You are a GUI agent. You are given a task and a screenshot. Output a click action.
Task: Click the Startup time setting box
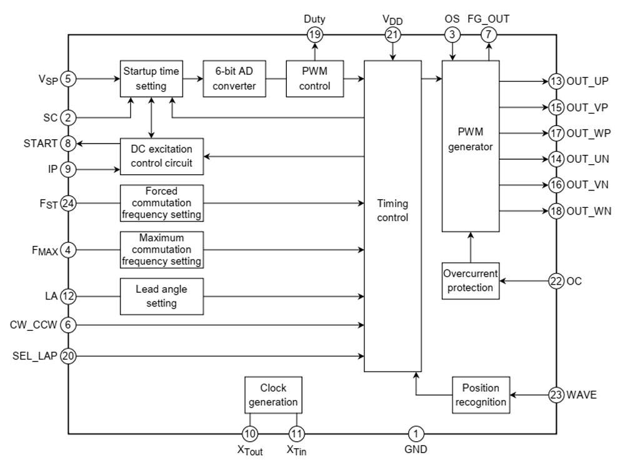pos(151,79)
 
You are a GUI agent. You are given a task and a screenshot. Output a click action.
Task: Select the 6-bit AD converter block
pos(234,79)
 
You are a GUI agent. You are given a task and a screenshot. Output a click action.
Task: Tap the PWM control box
pos(314,79)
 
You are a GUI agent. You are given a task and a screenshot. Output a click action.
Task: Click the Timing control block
pos(392,210)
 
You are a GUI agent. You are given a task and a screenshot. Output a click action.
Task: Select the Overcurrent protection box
pos(470,280)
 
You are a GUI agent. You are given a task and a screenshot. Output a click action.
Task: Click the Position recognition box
pos(480,394)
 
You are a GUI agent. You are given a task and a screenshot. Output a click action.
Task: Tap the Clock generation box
pos(273,394)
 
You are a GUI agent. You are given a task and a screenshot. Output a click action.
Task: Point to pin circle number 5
pos(69,79)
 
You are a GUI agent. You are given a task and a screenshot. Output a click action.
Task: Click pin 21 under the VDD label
pos(392,35)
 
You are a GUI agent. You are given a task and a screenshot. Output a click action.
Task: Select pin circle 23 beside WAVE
pos(556,394)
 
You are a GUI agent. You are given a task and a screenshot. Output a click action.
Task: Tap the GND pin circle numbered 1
pos(416,433)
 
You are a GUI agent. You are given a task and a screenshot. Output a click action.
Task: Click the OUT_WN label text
pos(589,211)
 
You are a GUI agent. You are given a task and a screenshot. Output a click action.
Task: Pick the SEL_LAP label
pos(35,356)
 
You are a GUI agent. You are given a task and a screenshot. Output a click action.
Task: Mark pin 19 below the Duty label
pos(314,35)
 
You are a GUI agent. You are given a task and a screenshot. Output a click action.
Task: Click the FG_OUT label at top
pos(488,19)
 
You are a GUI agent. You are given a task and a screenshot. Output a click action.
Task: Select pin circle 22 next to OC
pos(556,281)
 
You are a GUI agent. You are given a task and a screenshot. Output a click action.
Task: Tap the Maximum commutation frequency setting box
pos(162,249)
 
